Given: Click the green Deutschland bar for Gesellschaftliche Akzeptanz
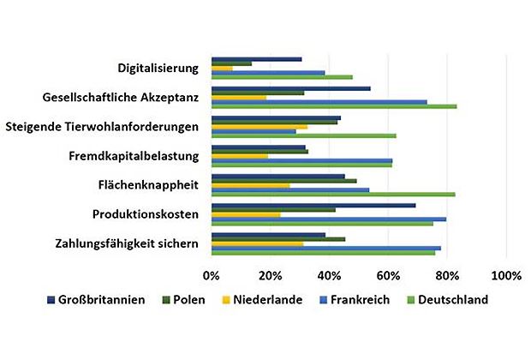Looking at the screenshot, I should click(x=334, y=106).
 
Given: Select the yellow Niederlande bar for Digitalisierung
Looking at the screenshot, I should click(x=222, y=68).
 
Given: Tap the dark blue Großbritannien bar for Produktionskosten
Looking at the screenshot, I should click(x=313, y=205).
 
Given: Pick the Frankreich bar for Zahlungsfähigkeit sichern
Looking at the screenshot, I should click(x=326, y=248).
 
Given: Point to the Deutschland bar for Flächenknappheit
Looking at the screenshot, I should click(x=333, y=195).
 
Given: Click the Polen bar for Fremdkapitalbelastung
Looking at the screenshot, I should click(x=248, y=152).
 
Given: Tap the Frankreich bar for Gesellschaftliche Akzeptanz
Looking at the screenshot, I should click(x=319, y=101).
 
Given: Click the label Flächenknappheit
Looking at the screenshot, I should click(x=149, y=185).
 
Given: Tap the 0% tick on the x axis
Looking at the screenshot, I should click(x=212, y=276).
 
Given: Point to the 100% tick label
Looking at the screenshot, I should click(x=506, y=276).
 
